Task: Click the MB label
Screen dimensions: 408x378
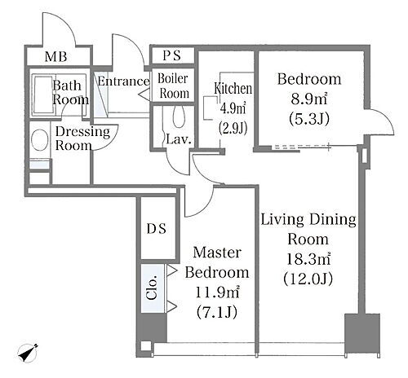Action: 55,57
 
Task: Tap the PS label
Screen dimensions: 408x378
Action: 172,55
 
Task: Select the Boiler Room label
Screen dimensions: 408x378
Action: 173,86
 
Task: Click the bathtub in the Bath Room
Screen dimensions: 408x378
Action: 43,94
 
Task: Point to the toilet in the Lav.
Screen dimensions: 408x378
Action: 179,116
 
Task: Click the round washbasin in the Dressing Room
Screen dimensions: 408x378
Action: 40,140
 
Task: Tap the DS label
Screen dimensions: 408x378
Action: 157,229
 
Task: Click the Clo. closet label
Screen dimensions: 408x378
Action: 152,288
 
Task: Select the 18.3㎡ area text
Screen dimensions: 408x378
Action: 308,259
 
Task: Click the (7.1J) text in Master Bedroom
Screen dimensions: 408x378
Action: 217,312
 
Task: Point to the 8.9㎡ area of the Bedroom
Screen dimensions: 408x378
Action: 309,99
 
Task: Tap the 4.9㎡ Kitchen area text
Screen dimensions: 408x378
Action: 233,108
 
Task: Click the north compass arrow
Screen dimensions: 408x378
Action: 28,353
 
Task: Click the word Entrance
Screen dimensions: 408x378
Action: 123,81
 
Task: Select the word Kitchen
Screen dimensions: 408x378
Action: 233,89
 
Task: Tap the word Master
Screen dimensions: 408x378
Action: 217,253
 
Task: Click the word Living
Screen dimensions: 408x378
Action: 282,221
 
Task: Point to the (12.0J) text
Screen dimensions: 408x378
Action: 308,279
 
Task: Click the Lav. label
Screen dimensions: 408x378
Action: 179,139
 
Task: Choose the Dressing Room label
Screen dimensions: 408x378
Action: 82,138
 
